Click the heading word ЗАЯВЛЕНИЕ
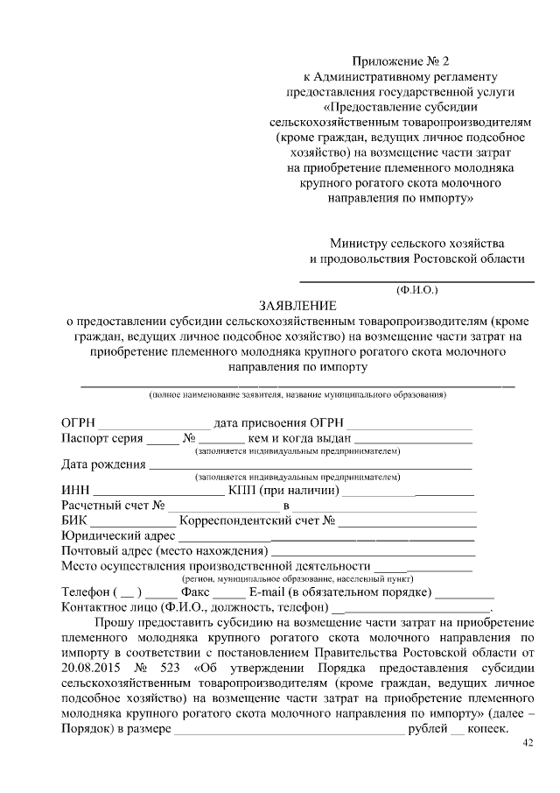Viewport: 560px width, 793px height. [x=297, y=305]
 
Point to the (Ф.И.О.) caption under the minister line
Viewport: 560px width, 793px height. [x=416, y=288]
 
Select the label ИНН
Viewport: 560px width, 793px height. [x=74, y=490]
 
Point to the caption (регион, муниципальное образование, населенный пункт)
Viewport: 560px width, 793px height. [x=297, y=579]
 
